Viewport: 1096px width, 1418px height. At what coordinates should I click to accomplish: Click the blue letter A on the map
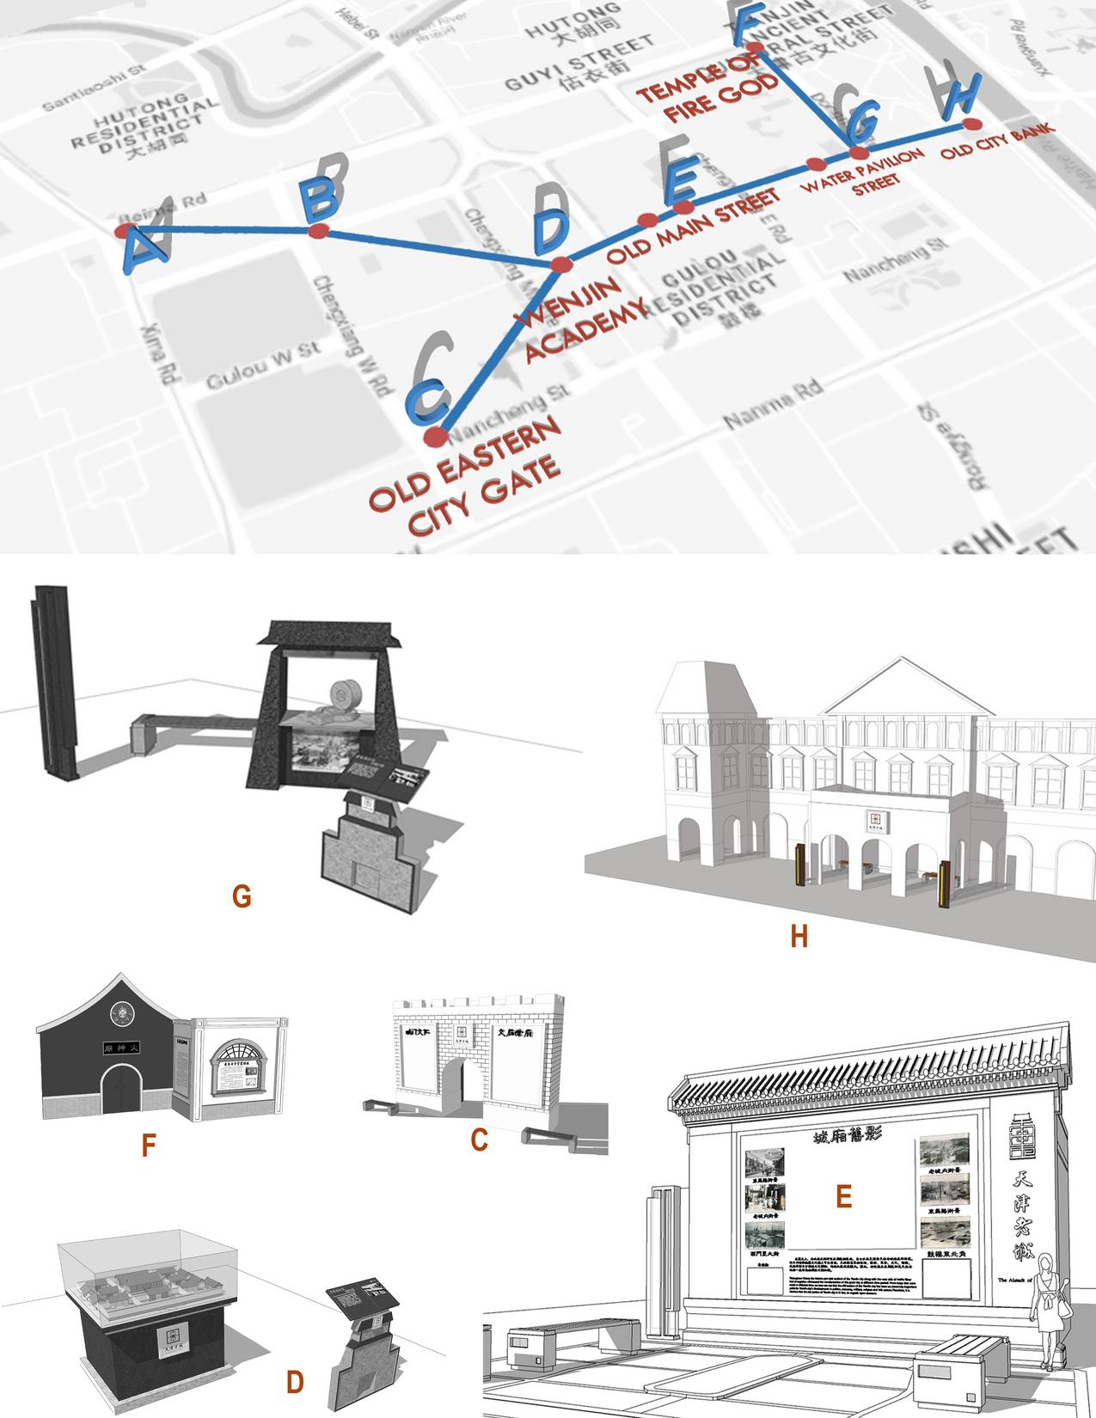click(x=140, y=250)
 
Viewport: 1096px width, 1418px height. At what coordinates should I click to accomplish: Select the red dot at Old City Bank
click(x=970, y=125)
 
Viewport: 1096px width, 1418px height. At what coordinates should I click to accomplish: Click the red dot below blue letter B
click(x=318, y=231)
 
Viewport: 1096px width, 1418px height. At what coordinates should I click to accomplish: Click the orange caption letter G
click(x=242, y=896)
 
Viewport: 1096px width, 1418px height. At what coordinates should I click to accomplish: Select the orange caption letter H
click(x=799, y=936)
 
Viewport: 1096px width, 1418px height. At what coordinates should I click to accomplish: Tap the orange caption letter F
click(x=149, y=1146)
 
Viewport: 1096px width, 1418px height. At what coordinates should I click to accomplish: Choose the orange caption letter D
click(x=295, y=1382)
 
